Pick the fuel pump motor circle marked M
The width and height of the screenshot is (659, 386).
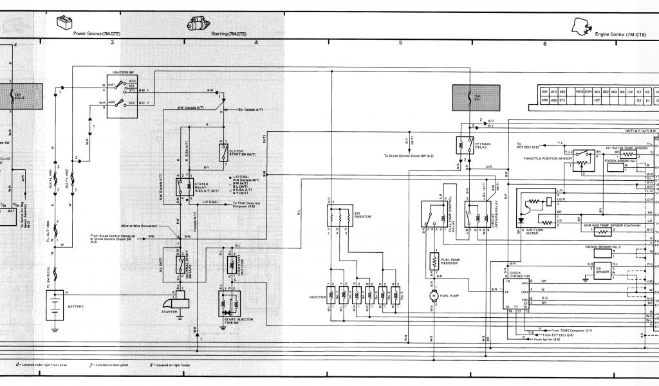tap(433, 295)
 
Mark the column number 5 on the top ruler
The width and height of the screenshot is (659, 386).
tap(400, 43)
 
